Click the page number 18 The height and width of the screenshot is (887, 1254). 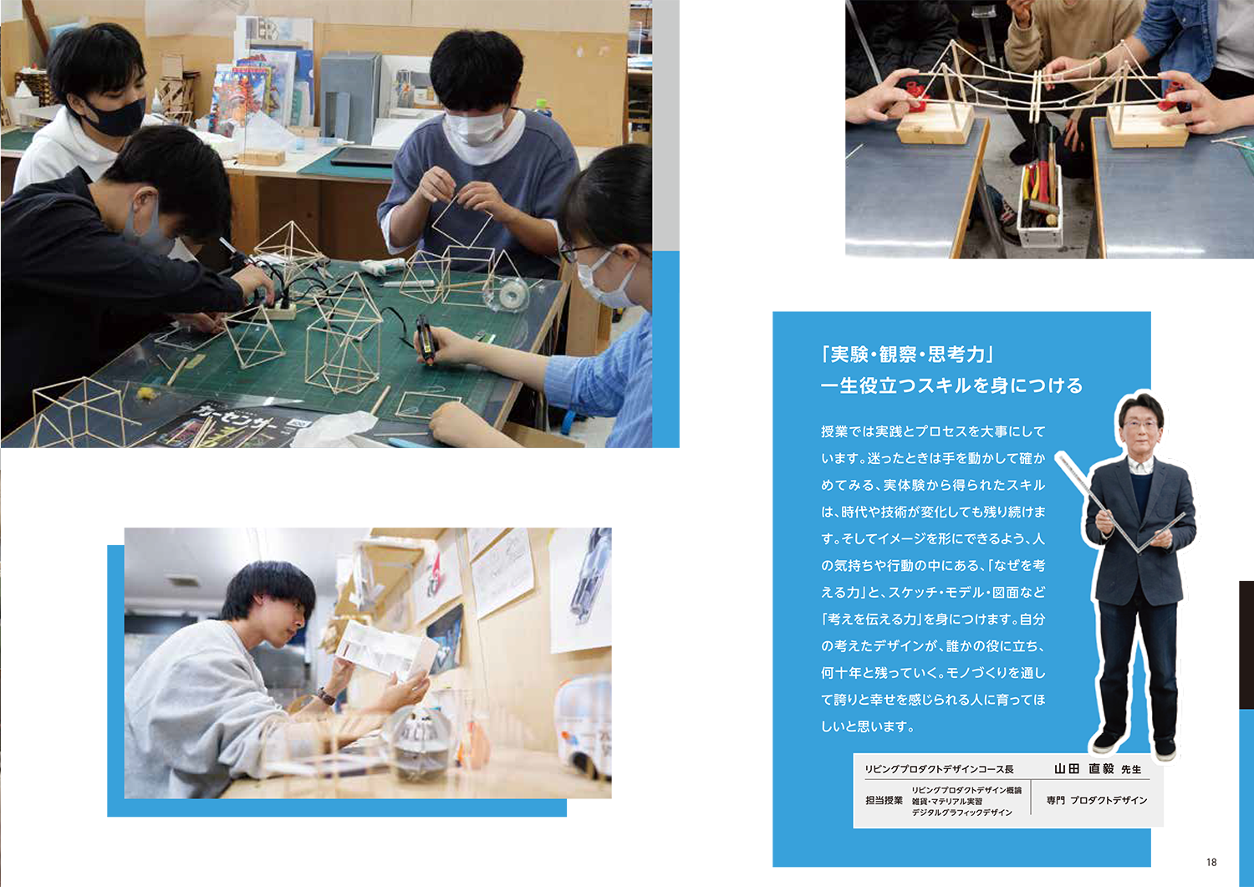point(1211,863)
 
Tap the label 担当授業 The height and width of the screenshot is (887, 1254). point(884,801)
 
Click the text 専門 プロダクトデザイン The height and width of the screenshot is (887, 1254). point(1097,801)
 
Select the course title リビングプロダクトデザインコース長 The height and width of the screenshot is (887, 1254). point(940,769)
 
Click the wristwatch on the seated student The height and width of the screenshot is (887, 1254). point(326,696)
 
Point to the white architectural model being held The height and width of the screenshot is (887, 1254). point(385,650)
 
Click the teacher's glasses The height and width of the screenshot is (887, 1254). point(1140,424)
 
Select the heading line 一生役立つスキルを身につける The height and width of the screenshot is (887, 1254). point(951,386)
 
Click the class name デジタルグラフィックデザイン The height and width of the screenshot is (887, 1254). point(961,813)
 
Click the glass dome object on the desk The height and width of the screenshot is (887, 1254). point(420,744)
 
